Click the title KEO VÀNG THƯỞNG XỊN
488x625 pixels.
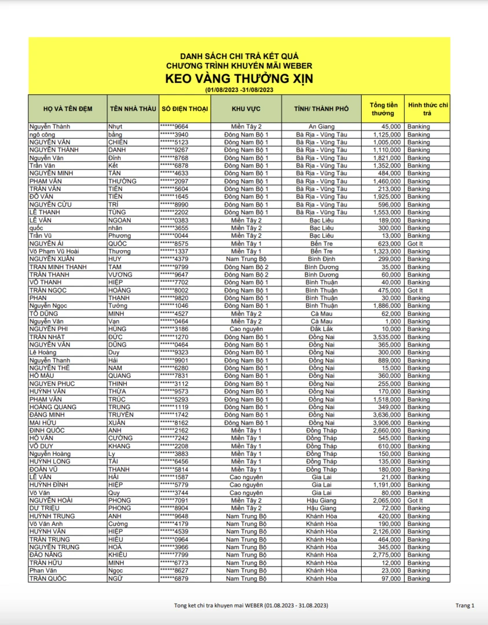(239, 79)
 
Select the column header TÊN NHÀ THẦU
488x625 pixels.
(132, 109)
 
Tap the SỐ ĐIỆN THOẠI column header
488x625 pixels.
(185, 109)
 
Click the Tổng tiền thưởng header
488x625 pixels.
(383, 109)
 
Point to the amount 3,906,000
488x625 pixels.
(384, 422)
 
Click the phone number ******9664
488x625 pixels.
(174, 126)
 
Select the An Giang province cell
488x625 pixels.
(321, 126)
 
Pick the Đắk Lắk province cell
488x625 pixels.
(321, 329)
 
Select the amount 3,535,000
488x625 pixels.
(384, 337)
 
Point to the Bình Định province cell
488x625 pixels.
(321, 259)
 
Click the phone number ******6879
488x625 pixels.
(174, 578)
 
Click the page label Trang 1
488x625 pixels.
(465, 605)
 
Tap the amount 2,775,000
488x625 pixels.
(384, 555)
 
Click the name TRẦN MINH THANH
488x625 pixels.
(58, 267)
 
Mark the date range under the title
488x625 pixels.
(239, 90)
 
